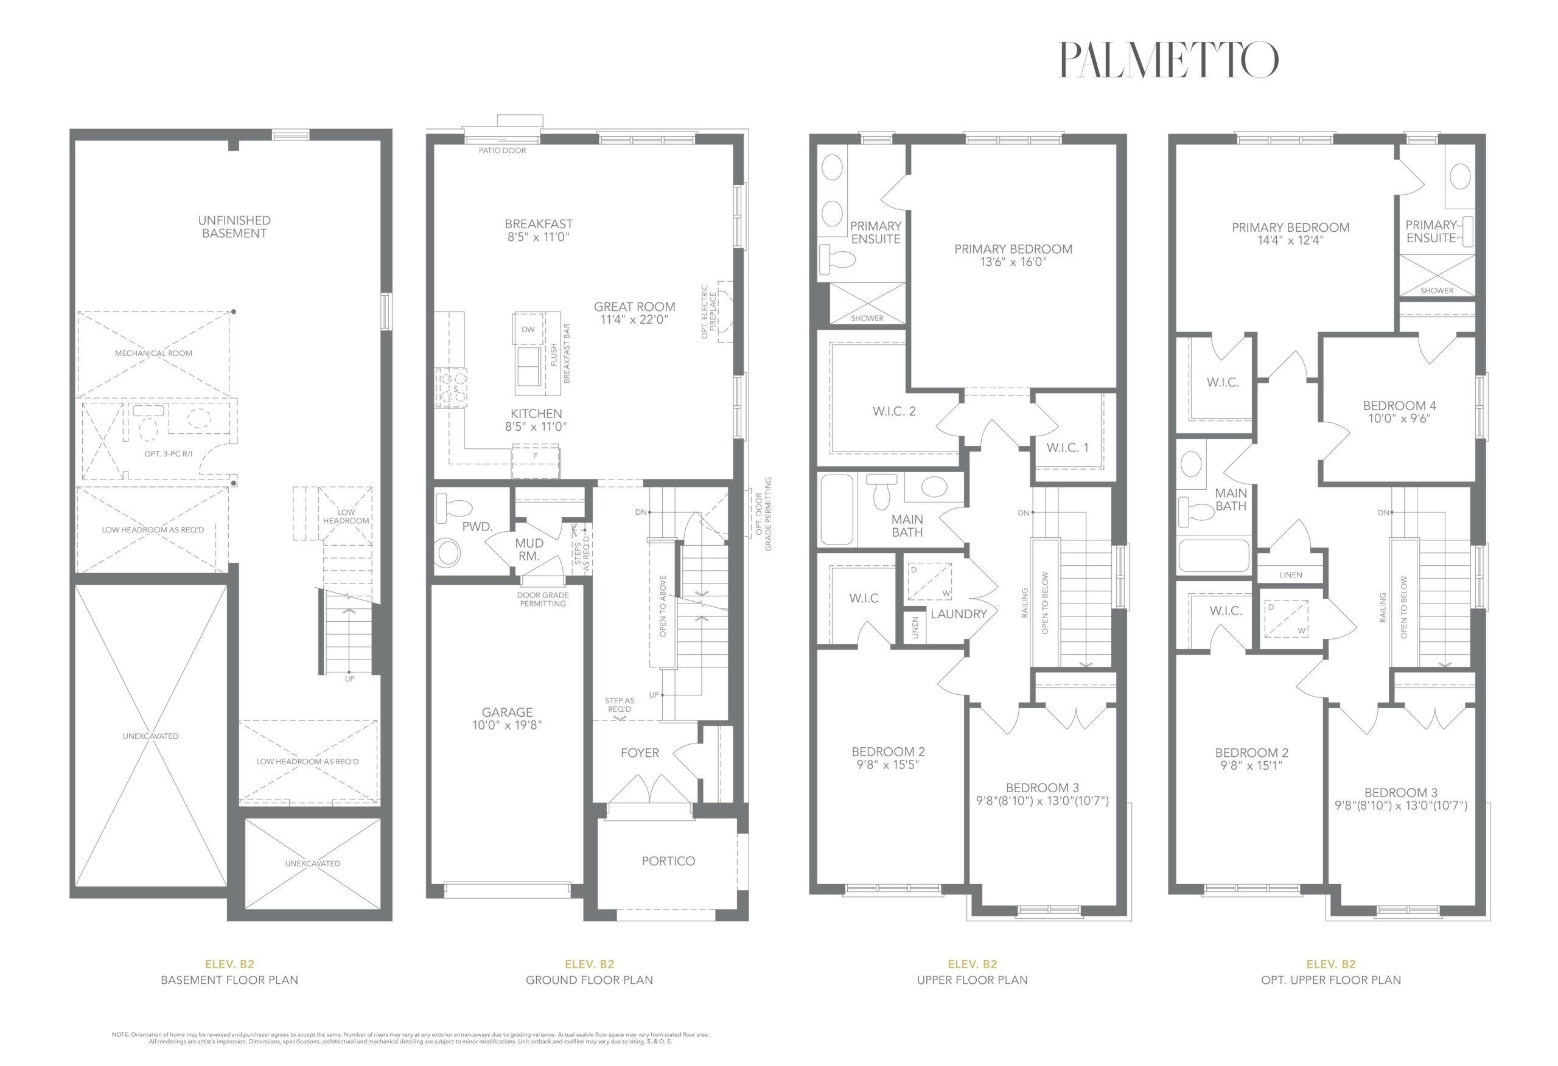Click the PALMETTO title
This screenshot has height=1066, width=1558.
point(1168,60)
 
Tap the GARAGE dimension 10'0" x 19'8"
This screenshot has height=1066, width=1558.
point(507,725)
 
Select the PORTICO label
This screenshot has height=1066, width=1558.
point(668,861)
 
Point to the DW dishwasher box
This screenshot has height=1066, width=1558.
point(528,329)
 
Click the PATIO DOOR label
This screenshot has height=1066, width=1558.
point(502,150)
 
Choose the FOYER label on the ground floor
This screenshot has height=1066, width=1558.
point(640,753)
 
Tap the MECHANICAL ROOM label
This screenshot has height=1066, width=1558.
point(153,354)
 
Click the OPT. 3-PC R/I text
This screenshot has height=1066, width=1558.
point(168,454)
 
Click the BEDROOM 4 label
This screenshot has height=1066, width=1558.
point(1400,406)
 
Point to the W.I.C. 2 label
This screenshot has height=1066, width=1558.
point(894,411)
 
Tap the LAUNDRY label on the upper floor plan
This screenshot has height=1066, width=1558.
point(959,613)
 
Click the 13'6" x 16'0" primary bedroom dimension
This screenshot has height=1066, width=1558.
point(1013,262)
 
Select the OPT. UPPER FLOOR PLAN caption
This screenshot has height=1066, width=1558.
point(1331,980)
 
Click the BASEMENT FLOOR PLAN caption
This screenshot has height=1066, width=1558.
point(229,980)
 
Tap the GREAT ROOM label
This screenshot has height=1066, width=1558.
point(634,307)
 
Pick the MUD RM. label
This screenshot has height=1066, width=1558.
point(529,550)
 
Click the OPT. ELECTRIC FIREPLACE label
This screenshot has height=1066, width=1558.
point(708,312)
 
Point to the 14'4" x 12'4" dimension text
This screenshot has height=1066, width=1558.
point(1290,240)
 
